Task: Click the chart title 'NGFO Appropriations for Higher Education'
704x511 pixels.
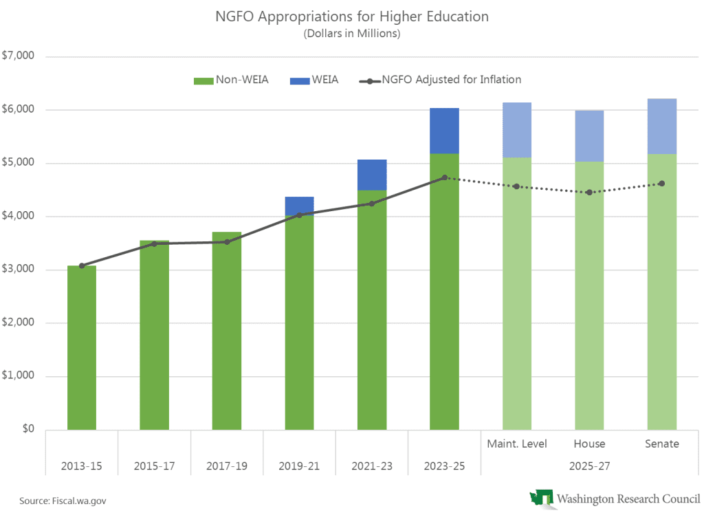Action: coord(352,17)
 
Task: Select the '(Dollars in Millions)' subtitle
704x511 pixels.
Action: coord(352,33)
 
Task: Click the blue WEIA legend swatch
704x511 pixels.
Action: coord(300,80)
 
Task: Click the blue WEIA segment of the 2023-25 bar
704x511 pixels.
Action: coord(444,131)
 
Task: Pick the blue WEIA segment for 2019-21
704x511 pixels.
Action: coord(299,206)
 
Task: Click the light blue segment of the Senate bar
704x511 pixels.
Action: coord(662,126)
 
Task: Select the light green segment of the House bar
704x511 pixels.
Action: coord(589,296)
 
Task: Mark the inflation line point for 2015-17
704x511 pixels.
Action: coord(155,243)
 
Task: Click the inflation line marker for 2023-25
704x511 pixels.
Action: coord(445,177)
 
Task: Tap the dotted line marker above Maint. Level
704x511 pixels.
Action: coord(516,186)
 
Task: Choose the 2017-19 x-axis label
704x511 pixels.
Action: coord(227,466)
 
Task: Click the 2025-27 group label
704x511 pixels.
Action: coord(589,466)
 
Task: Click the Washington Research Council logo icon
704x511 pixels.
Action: coord(541,497)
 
